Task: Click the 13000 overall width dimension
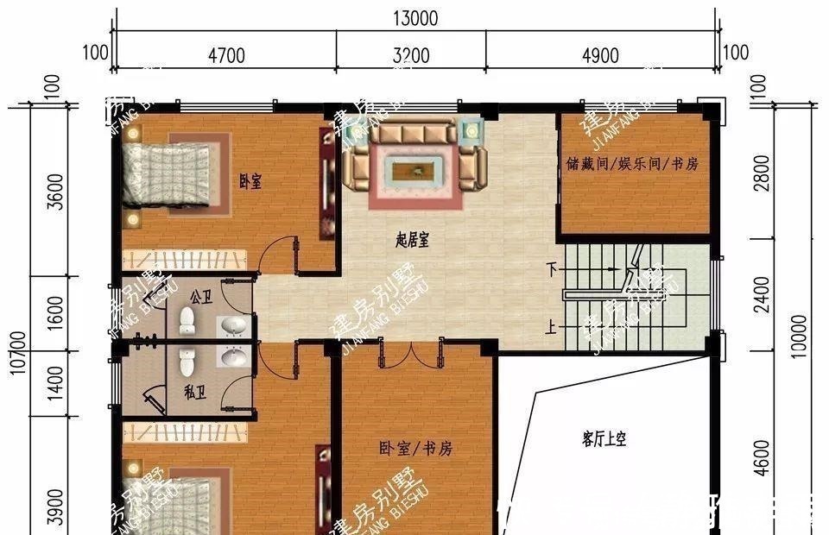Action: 414,18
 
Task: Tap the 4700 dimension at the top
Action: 227,56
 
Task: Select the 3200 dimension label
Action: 411,56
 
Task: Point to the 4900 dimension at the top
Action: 601,56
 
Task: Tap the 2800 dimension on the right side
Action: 761,173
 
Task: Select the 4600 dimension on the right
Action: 761,457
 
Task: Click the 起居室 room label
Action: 412,242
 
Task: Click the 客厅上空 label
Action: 604,439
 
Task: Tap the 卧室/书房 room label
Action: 414,449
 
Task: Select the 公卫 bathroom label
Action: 200,298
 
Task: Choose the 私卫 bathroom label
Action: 194,390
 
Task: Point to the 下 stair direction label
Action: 552,269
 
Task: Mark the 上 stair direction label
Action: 551,328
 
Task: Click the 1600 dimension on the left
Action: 54,312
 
